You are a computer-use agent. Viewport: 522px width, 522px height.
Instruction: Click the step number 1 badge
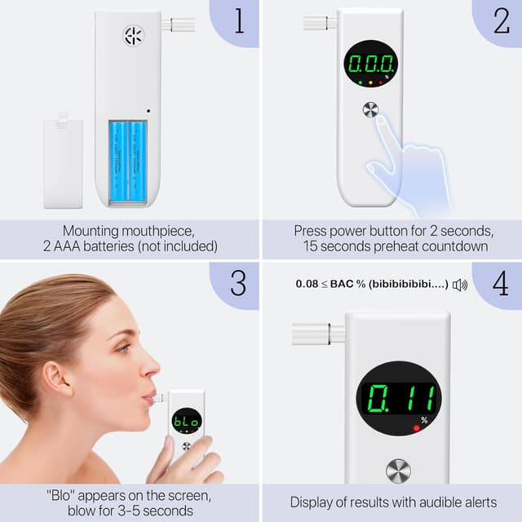[x=239, y=20]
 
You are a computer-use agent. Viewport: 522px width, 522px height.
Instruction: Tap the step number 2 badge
[x=500, y=20]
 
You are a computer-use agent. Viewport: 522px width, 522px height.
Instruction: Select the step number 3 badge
[x=238, y=282]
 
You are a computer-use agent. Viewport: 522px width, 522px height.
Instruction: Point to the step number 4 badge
[x=499, y=282]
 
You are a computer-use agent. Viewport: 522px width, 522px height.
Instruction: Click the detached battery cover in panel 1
[x=63, y=162]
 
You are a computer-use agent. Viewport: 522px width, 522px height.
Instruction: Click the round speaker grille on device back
[x=133, y=35]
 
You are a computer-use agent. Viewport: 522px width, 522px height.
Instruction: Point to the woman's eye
[x=123, y=347]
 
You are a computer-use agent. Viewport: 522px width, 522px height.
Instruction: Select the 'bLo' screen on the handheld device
[x=186, y=422]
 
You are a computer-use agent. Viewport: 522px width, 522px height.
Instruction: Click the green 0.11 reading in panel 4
[x=398, y=399]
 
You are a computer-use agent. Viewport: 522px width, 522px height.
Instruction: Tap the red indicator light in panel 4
[x=416, y=428]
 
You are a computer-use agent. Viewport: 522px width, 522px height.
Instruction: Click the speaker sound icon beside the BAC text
[x=460, y=285]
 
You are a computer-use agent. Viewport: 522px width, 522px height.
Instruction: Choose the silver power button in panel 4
[x=398, y=471]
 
